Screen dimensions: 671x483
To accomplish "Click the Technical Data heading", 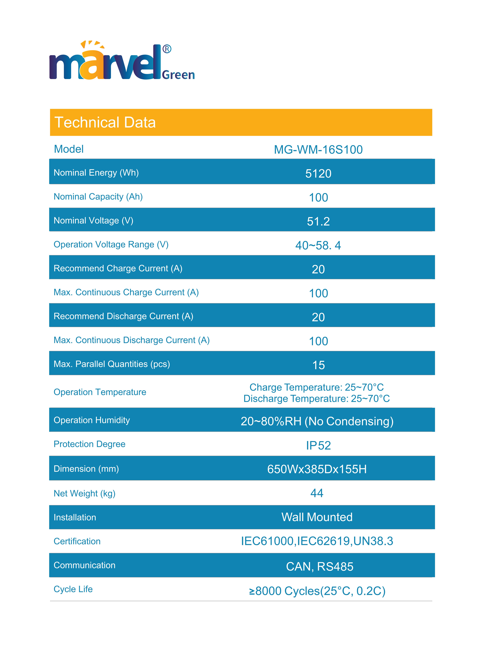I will pyautogui.click(x=105, y=123).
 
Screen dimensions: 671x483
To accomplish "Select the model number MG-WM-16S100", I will pyautogui.click(x=318, y=150).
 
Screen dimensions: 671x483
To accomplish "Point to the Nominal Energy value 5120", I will pyautogui.click(x=318, y=174).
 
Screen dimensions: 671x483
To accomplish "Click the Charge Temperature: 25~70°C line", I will pyautogui.click(x=316, y=387).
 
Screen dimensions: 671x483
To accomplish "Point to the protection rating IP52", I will pyautogui.click(x=318, y=446).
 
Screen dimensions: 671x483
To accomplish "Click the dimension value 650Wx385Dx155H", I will pyautogui.click(x=317, y=469).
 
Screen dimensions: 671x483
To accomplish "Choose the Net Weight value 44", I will pyautogui.click(x=317, y=493).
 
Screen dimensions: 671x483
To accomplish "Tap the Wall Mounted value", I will pyautogui.click(x=317, y=517).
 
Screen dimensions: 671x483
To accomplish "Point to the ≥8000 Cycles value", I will pyautogui.click(x=317, y=591).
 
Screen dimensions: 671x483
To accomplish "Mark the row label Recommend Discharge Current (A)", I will pyautogui.click(x=123, y=316).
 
